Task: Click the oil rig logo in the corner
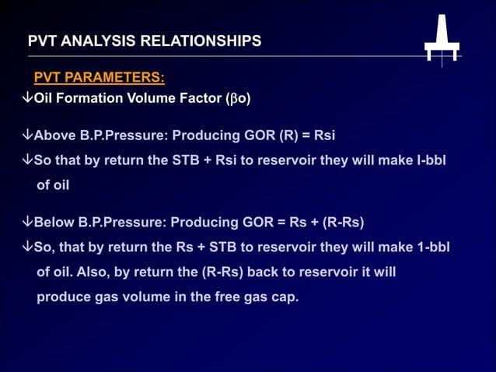[x=442, y=41]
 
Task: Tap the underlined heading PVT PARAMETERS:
[x=99, y=78]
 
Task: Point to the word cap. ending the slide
[x=283, y=297]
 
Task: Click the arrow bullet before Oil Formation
[x=27, y=99]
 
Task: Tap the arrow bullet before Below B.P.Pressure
[x=27, y=222]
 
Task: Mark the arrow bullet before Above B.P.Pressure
[x=27, y=135]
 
